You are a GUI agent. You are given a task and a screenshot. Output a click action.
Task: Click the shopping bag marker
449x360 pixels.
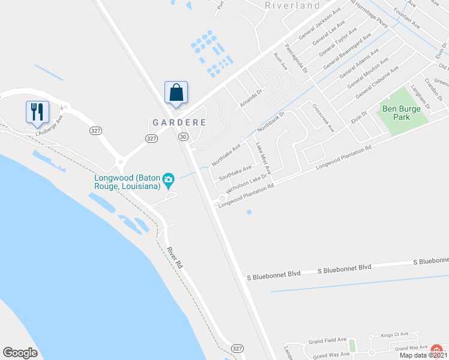coord(176,93)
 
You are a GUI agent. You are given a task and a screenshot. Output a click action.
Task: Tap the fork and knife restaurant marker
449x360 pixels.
coord(37,112)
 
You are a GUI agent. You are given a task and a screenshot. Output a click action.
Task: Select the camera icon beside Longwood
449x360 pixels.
coord(169,179)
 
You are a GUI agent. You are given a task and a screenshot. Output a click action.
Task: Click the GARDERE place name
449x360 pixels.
coord(179,122)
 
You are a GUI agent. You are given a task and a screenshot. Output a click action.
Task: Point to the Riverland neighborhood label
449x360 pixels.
coord(292,5)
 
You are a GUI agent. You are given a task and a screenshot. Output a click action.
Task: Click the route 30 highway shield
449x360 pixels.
coord(182,137)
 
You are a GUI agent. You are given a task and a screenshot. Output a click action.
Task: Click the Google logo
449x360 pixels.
coord(20,353)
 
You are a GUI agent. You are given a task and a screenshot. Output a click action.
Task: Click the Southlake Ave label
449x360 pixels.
coord(235,173)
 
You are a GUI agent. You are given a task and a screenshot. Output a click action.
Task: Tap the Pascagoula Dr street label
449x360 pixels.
coord(296,58)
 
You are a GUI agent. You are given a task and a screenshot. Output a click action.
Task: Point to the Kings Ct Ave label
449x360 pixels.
coord(394,334)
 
